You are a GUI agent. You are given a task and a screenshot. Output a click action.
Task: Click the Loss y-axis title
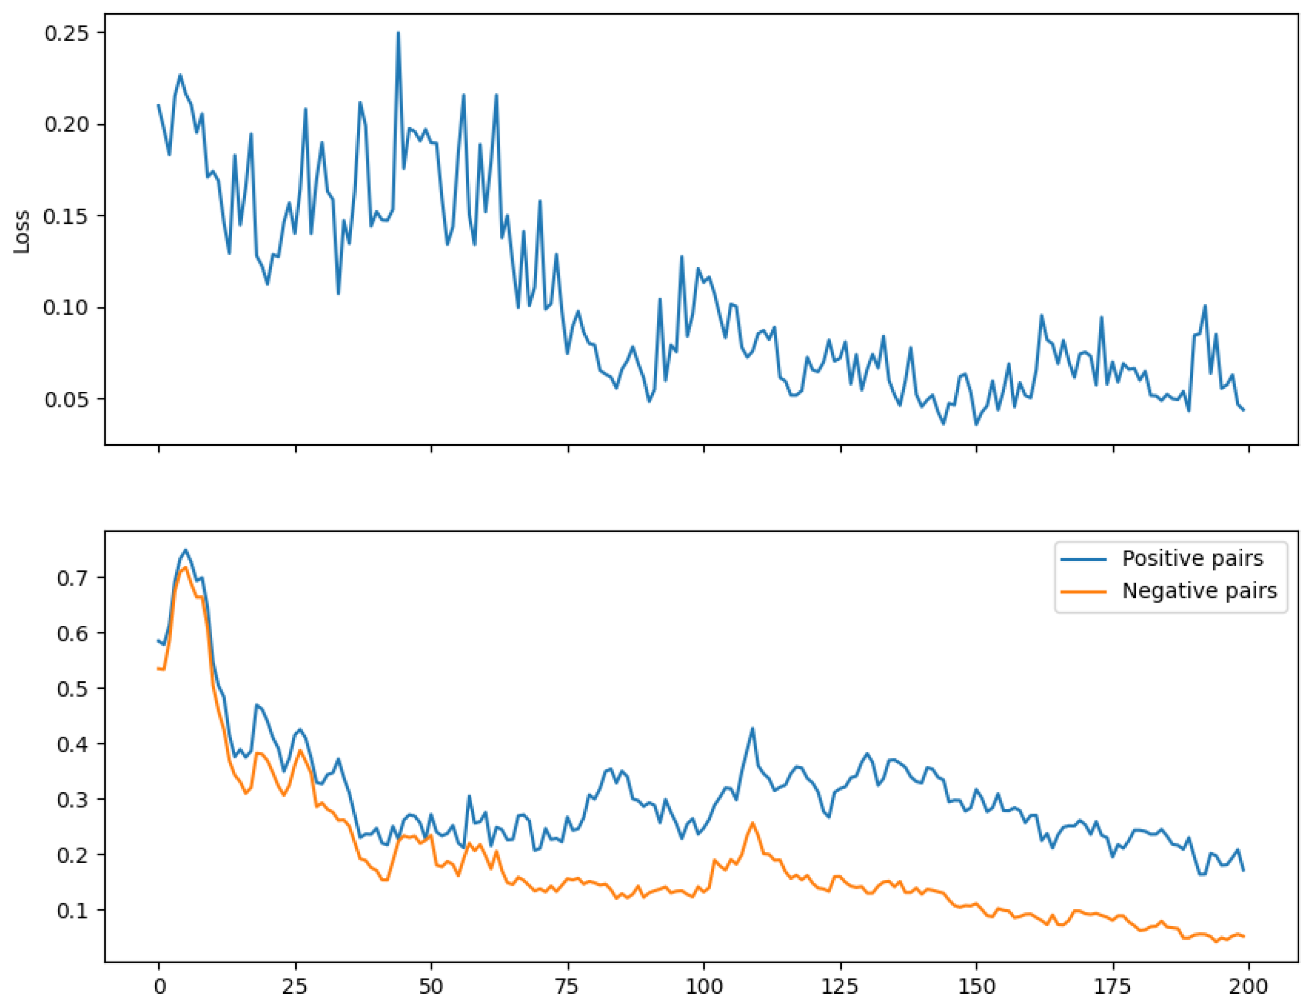21,232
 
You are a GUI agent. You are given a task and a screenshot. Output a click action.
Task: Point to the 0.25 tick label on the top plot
67,33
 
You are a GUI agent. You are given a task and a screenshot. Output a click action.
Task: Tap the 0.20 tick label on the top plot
67,124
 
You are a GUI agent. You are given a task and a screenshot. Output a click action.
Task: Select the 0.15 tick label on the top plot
67,216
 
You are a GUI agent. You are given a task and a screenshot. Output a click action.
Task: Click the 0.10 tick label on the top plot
67,307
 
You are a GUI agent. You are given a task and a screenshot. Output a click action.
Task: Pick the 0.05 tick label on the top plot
67,399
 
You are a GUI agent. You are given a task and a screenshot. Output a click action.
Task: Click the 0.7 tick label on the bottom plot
73,578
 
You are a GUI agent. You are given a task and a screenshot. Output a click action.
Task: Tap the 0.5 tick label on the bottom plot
73,688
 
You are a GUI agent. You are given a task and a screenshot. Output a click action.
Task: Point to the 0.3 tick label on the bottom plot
73,799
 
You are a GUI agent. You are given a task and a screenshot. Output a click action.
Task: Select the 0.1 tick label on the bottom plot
73,910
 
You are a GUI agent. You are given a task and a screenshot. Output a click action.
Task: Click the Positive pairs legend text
1192,559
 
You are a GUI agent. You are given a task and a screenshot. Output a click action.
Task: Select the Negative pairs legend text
1199,591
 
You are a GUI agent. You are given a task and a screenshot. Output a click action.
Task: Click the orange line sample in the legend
1083,592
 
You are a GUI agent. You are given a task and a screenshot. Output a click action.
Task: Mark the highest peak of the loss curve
398,33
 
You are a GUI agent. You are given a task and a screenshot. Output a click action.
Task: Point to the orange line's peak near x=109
753,823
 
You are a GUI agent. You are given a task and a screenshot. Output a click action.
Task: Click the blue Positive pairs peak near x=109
752,729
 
